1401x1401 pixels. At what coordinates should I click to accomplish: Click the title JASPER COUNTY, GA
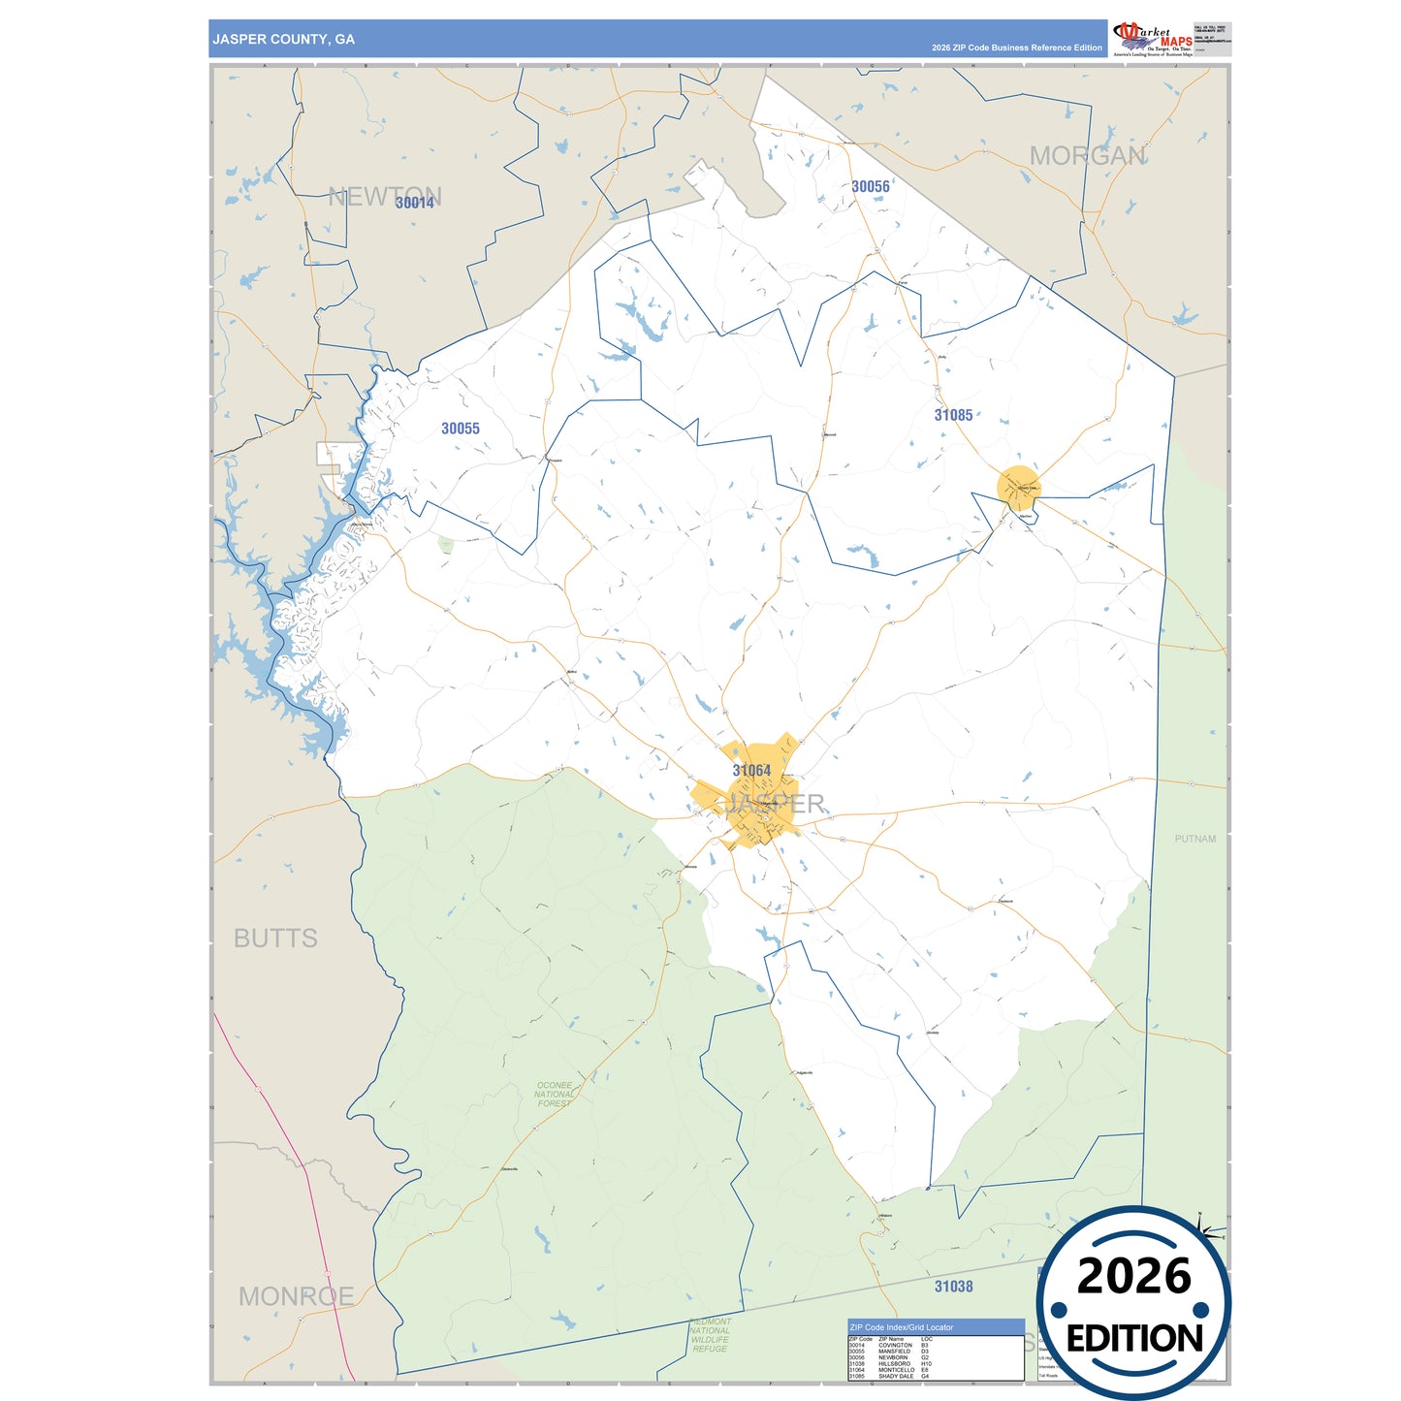coord(283,40)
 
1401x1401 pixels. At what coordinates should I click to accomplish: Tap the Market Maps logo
coord(1154,40)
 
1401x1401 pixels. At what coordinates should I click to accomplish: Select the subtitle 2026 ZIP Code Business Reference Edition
coord(1016,48)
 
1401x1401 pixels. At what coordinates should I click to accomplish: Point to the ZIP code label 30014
coord(415,203)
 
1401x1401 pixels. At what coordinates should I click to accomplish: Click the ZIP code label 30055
coord(460,429)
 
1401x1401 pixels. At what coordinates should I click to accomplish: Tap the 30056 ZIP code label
coord(870,187)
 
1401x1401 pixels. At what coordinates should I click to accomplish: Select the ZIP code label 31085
coord(953,415)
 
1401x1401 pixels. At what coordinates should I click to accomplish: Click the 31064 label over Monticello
coord(751,771)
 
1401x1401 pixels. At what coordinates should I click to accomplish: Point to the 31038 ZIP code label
coord(953,1287)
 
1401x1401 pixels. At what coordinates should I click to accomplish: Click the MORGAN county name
coord(1087,156)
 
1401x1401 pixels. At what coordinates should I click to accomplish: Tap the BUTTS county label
coord(275,939)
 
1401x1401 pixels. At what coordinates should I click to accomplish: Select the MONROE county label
coord(296,1296)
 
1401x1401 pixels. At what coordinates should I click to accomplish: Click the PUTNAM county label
coord(1194,839)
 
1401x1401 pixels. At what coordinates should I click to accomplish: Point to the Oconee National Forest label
coord(555,1095)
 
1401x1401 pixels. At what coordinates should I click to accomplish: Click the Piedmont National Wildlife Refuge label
coord(710,1335)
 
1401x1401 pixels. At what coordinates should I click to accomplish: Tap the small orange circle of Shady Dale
coord(1018,488)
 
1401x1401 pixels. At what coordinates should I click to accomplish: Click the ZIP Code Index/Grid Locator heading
coord(901,1327)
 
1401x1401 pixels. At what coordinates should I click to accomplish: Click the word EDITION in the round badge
coord(1133,1339)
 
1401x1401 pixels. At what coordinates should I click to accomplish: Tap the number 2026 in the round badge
coord(1133,1277)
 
